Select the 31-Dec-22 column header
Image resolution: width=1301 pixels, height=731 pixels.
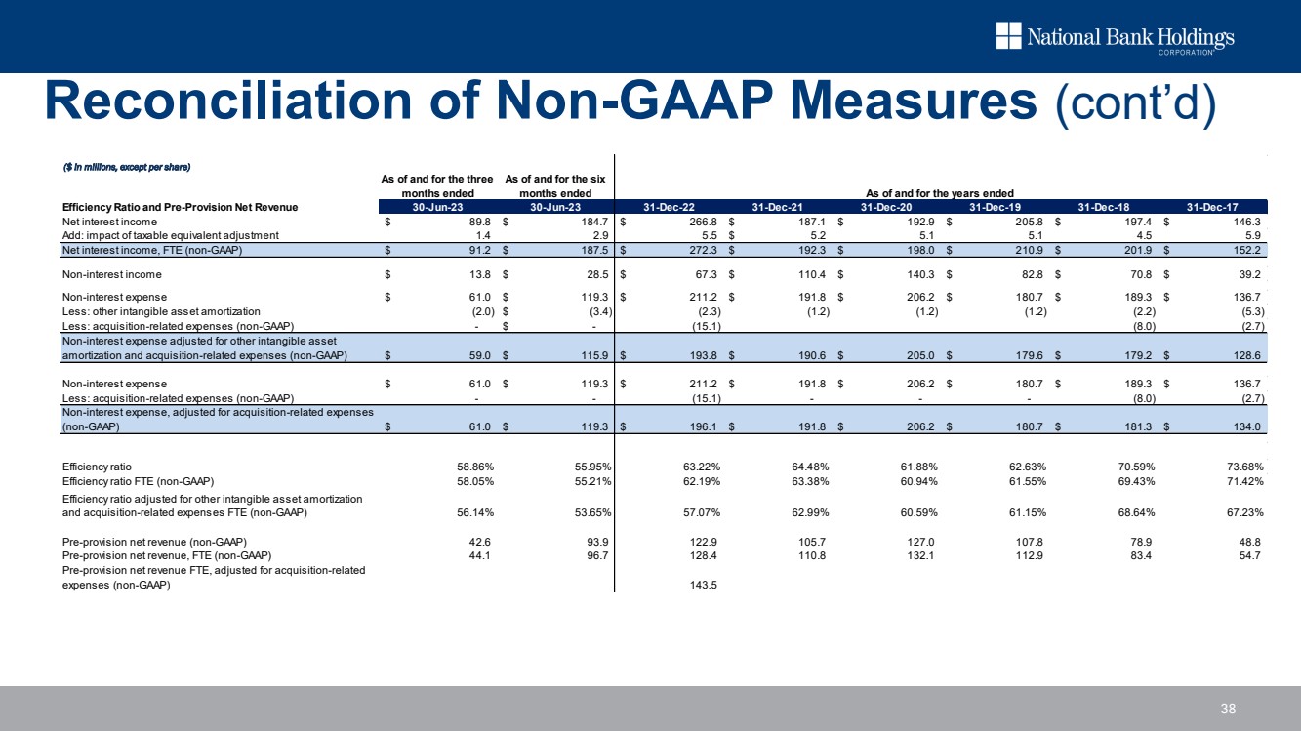coord(671,206)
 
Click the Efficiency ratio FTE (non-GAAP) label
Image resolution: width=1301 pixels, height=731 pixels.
coord(138,481)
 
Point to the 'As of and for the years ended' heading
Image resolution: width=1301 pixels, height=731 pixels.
coord(942,193)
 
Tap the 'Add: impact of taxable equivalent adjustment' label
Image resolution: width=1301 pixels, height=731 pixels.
coord(170,236)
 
